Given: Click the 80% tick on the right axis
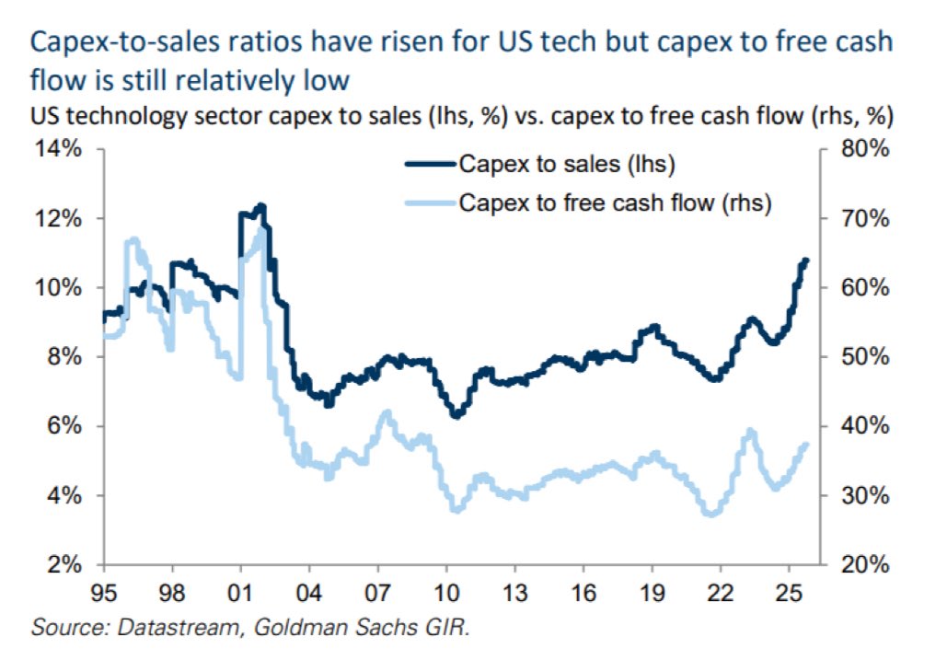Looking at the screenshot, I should click(865, 150).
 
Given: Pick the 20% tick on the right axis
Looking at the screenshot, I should click(865, 565).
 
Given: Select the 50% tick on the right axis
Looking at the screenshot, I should click(865, 357).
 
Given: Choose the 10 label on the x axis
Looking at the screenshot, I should click(446, 591).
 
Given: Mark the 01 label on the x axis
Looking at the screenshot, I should click(241, 591).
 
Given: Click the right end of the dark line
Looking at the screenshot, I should click(806, 260).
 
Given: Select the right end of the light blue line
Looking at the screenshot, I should click(806, 445).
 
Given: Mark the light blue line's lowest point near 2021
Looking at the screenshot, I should click(709, 514).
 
